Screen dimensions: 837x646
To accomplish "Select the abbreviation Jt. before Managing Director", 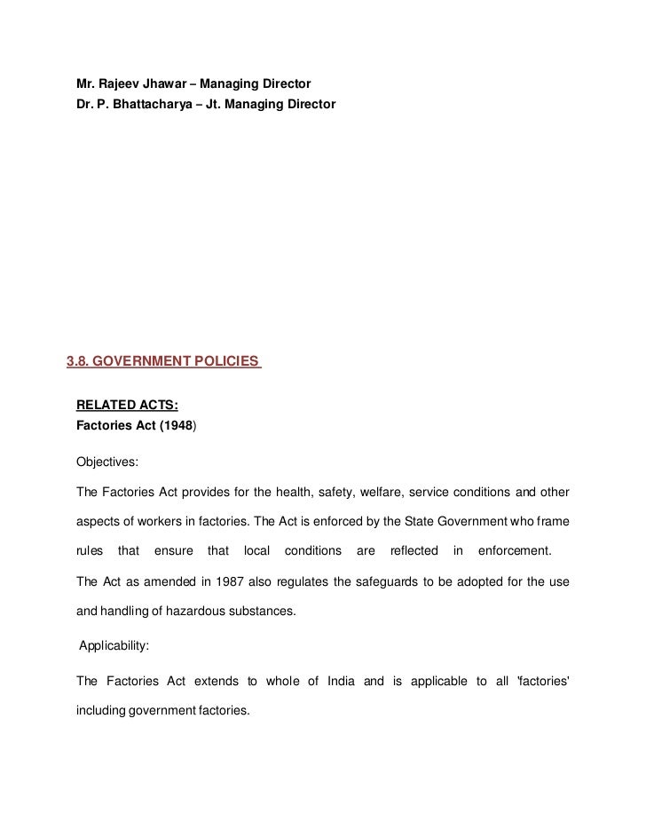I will pos(214,104).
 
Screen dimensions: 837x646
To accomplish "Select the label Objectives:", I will pos(106,463).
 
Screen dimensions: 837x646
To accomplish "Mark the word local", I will pos(256,550).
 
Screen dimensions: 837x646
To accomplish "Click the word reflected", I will pos(414,550).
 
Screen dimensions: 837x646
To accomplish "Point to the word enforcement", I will pos(514,550).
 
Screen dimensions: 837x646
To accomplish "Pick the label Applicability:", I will pos(114,646).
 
